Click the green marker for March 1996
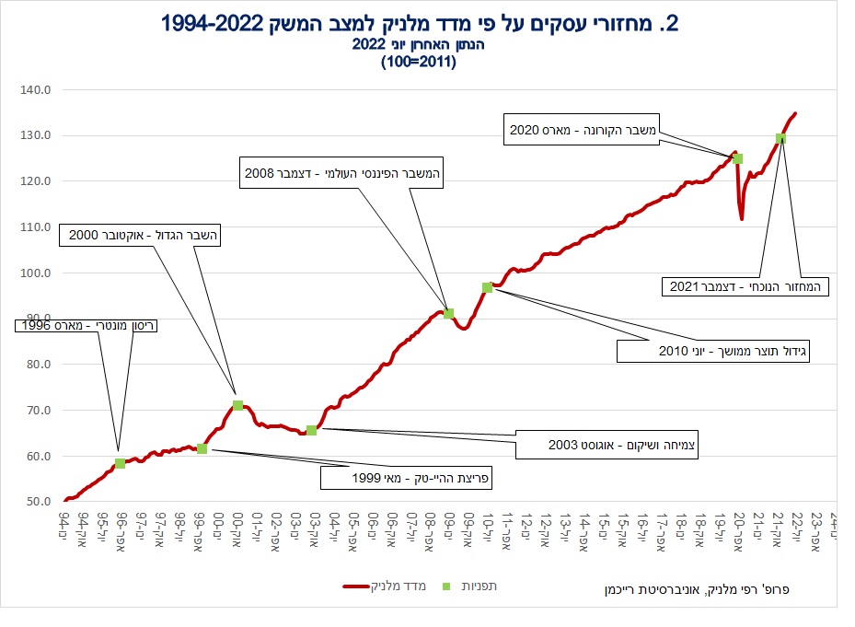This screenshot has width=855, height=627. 120,463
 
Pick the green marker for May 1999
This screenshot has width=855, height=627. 202,448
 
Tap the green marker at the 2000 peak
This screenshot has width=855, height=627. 237,405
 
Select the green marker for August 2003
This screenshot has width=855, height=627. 311,430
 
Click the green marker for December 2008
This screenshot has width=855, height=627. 448,313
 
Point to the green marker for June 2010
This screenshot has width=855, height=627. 487,287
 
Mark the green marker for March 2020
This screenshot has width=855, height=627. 737,158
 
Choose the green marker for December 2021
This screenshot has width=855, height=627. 780,138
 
